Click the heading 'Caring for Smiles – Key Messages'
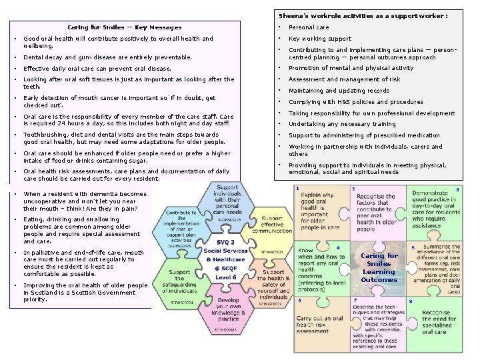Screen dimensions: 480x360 coord(124,27)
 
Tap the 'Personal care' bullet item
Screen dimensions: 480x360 coord(308,27)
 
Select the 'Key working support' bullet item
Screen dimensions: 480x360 coord(319,39)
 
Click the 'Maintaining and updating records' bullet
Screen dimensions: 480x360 coord(339,91)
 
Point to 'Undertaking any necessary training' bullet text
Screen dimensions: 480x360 coord(341,124)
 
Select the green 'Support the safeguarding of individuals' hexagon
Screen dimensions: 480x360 coord(179,281)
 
